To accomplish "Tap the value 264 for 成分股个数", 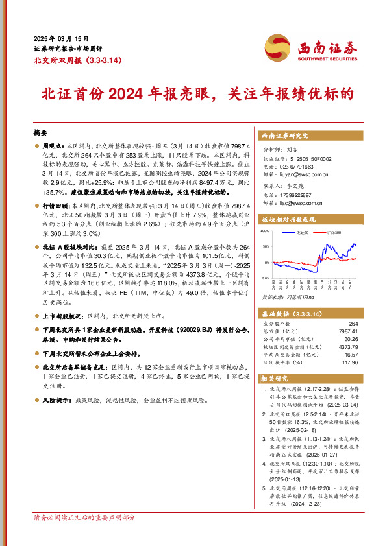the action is [x=353, y=322].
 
